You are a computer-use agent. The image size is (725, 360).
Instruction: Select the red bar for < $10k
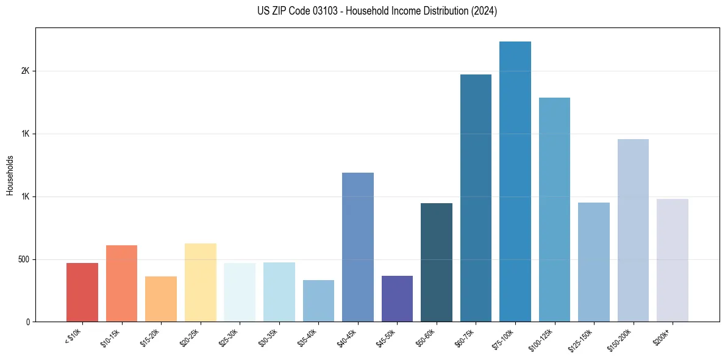pyautogui.click(x=82, y=292)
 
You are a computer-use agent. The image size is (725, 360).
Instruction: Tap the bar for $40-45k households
pyautogui.click(x=357, y=247)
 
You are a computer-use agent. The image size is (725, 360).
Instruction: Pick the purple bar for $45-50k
pyautogui.click(x=397, y=299)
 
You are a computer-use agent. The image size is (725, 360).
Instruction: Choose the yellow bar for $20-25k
pyautogui.click(x=200, y=283)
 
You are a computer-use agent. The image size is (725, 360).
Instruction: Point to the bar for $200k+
pyautogui.click(x=672, y=261)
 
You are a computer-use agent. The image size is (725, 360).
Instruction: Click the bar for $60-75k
pyautogui.click(x=476, y=198)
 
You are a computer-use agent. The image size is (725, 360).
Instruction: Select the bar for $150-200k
pyautogui.click(x=633, y=231)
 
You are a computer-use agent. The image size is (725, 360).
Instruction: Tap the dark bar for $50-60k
pyautogui.click(x=436, y=262)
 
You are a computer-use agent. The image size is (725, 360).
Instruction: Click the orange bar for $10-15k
pyautogui.click(x=121, y=284)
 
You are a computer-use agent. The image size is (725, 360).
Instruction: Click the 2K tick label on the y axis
pyautogui.click(x=26, y=71)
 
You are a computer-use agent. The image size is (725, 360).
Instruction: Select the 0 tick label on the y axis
pyautogui.click(x=28, y=322)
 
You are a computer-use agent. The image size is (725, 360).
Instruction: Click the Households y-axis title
pyautogui.click(x=10, y=175)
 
